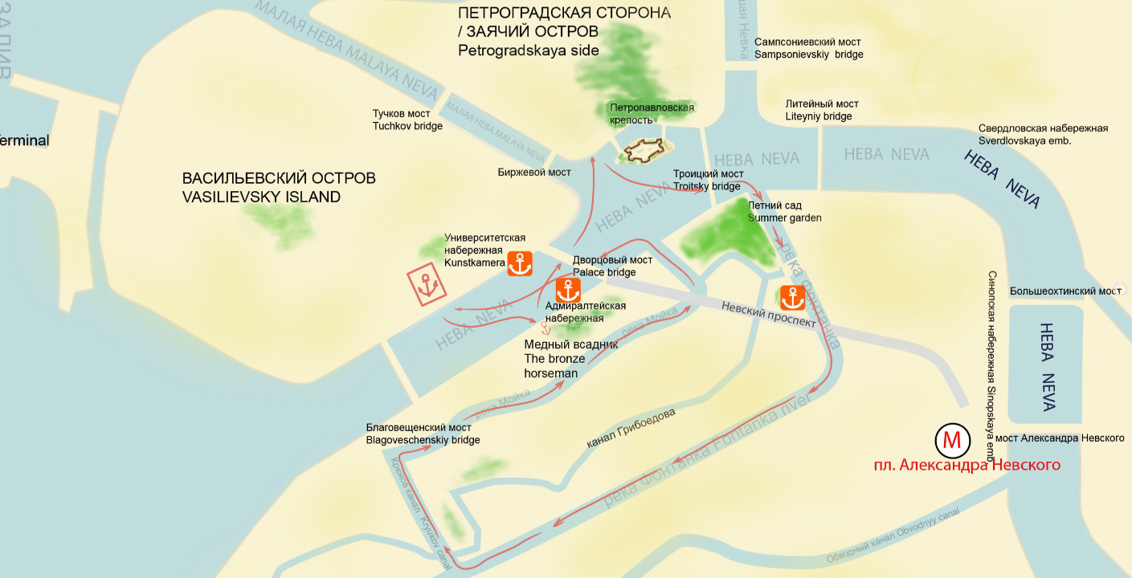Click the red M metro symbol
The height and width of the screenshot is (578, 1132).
tap(951, 440)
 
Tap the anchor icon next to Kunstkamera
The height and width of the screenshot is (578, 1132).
tap(520, 263)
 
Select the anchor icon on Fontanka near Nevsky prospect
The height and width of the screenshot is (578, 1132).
tap(793, 297)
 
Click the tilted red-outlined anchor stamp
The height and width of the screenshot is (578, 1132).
tap(427, 285)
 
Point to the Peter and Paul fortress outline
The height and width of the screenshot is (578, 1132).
tap(644, 150)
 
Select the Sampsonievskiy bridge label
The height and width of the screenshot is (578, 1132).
tap(809, 48)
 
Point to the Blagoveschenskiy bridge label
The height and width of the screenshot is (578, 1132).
tap(423, 433)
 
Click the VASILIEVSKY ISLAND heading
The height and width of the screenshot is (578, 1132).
tap(261, 197)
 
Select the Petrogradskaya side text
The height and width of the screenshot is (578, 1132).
tap(529, 51)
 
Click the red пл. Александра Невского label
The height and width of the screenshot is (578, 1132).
tap(967, 465)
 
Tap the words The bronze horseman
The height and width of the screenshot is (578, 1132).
tap(554, 365)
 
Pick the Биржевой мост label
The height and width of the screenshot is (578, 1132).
tap(534, 173)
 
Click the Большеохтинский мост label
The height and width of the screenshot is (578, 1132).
tap(1065, 291)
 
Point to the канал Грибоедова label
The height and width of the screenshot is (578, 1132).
tap(631, 428)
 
